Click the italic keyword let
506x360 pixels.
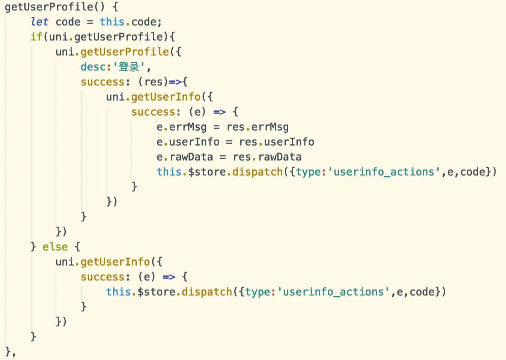tap(39, 22)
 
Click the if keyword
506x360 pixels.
tap(36, 37)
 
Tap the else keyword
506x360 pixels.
tap(55, 247)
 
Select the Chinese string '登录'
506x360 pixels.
tap(129, 67)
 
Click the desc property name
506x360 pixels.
tap(93, 67)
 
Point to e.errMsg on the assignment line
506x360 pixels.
tap(182, 127)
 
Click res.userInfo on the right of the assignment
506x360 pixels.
tap(277, 142)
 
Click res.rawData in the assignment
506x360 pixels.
tap(267, 157)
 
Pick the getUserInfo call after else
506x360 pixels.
tap(115, 262)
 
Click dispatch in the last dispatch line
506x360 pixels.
tap(207, 292)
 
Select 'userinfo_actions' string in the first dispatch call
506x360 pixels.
tap(384, 172)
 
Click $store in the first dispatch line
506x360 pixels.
tap(207, 172)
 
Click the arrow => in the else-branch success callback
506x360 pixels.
tap(169, 277)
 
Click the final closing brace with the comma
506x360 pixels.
tap(10, 352)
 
